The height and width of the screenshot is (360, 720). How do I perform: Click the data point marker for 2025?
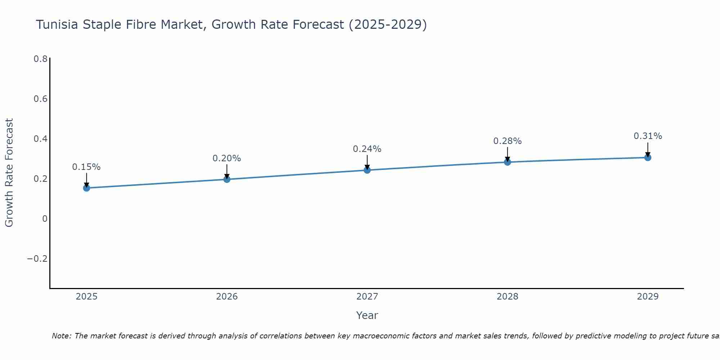[x=86, y=188]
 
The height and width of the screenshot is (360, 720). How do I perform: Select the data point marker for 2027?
[x=367, y=170]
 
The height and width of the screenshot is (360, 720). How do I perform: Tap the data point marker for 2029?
[x=648, y=157]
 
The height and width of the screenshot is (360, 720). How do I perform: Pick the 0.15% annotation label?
[x=86, y=167]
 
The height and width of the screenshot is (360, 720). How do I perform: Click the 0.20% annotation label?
[x=227, y=158]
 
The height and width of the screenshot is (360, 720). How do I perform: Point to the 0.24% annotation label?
[x=367, y=149]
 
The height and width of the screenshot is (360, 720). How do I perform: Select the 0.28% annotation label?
[x=507, y=141]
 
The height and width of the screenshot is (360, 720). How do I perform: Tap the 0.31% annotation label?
[x=648, y=136]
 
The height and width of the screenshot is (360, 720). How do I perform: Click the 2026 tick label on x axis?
[x=227, y=297]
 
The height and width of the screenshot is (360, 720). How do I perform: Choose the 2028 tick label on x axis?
[x=507, y=297]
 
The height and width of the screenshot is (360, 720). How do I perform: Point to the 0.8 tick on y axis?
[x=40, y=59]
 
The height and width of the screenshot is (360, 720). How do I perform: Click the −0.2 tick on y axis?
[x=37, y=259]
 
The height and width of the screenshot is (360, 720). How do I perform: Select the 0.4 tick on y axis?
[x=40, y=139]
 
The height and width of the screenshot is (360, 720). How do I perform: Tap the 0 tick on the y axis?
[x=45, y=219]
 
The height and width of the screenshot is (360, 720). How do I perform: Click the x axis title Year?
[x=367, y=315]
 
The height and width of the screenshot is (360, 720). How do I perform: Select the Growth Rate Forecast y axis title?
[x=9, y=173]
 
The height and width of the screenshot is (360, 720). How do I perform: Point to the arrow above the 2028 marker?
[x=507, y=154]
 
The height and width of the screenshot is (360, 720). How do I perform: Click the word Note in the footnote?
[x=62, y=336]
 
